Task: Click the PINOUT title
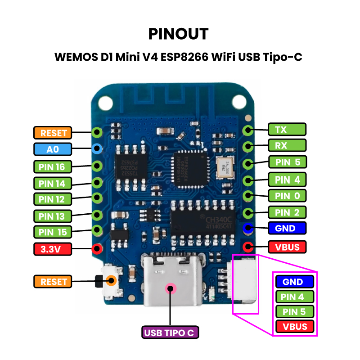coord(179,34)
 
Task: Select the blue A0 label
coord(52,149)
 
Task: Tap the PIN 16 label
coord(52,167)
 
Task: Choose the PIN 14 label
coord(52,184)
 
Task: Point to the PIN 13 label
coord(52,216)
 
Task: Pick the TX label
coord(287,130)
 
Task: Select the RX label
coord(287,145)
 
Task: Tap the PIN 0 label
coord(287,196)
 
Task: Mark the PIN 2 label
coord(287,212)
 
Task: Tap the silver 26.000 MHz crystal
coord(225,166)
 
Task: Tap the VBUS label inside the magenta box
coord(295,327)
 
